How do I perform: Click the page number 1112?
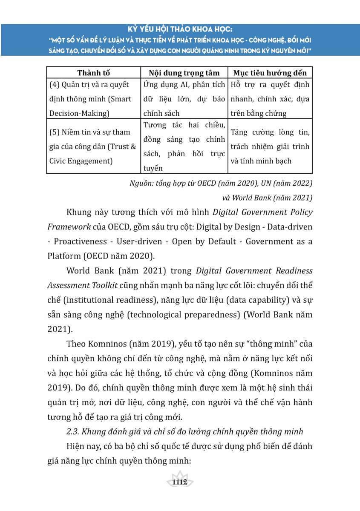pos(180,482)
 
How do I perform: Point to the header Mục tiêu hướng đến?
pos(270,72)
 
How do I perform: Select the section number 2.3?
pos(73,432)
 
